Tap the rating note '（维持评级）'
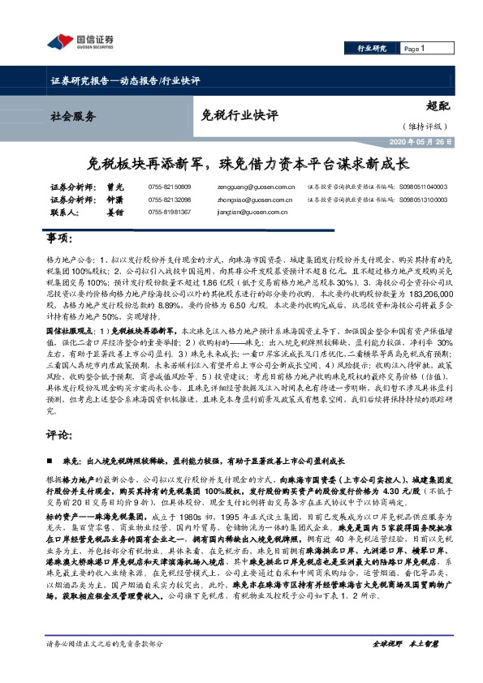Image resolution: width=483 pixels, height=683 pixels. pyautogui.click(x=423, y=127)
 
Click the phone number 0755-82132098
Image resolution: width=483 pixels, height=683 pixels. pyautogui.click(x=169, y=200)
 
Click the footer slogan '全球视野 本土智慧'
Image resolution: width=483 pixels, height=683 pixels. pyautogui.click(x=405, y=666)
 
